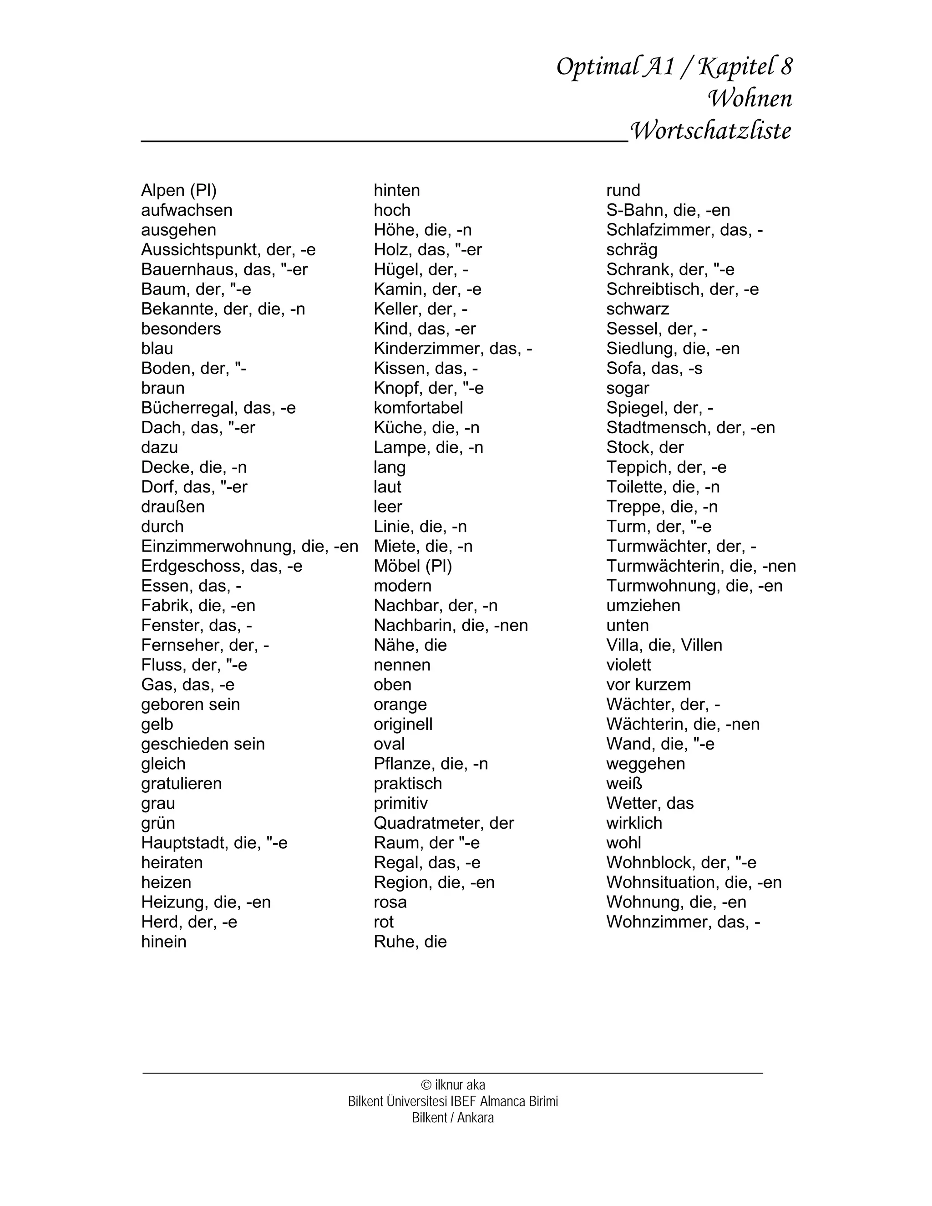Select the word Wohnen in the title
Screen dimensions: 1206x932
(x=750, y=99)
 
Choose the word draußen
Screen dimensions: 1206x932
(x=173, y=507)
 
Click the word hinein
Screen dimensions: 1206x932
(x=163, y=942)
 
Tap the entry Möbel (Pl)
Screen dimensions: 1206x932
(x=412, y=567)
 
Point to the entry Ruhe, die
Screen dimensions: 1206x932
(x=410, y=942)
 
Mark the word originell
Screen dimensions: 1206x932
(x=403, y=725)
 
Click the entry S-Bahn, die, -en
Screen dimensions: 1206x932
(x=668, y=210)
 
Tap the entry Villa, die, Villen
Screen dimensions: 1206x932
(x=664, y=645)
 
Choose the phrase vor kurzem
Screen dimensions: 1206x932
(x=648, y=685)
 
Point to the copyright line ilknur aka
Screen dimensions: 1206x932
(x=453, y=1085)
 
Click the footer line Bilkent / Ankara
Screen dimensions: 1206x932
(x=453, y=1118)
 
